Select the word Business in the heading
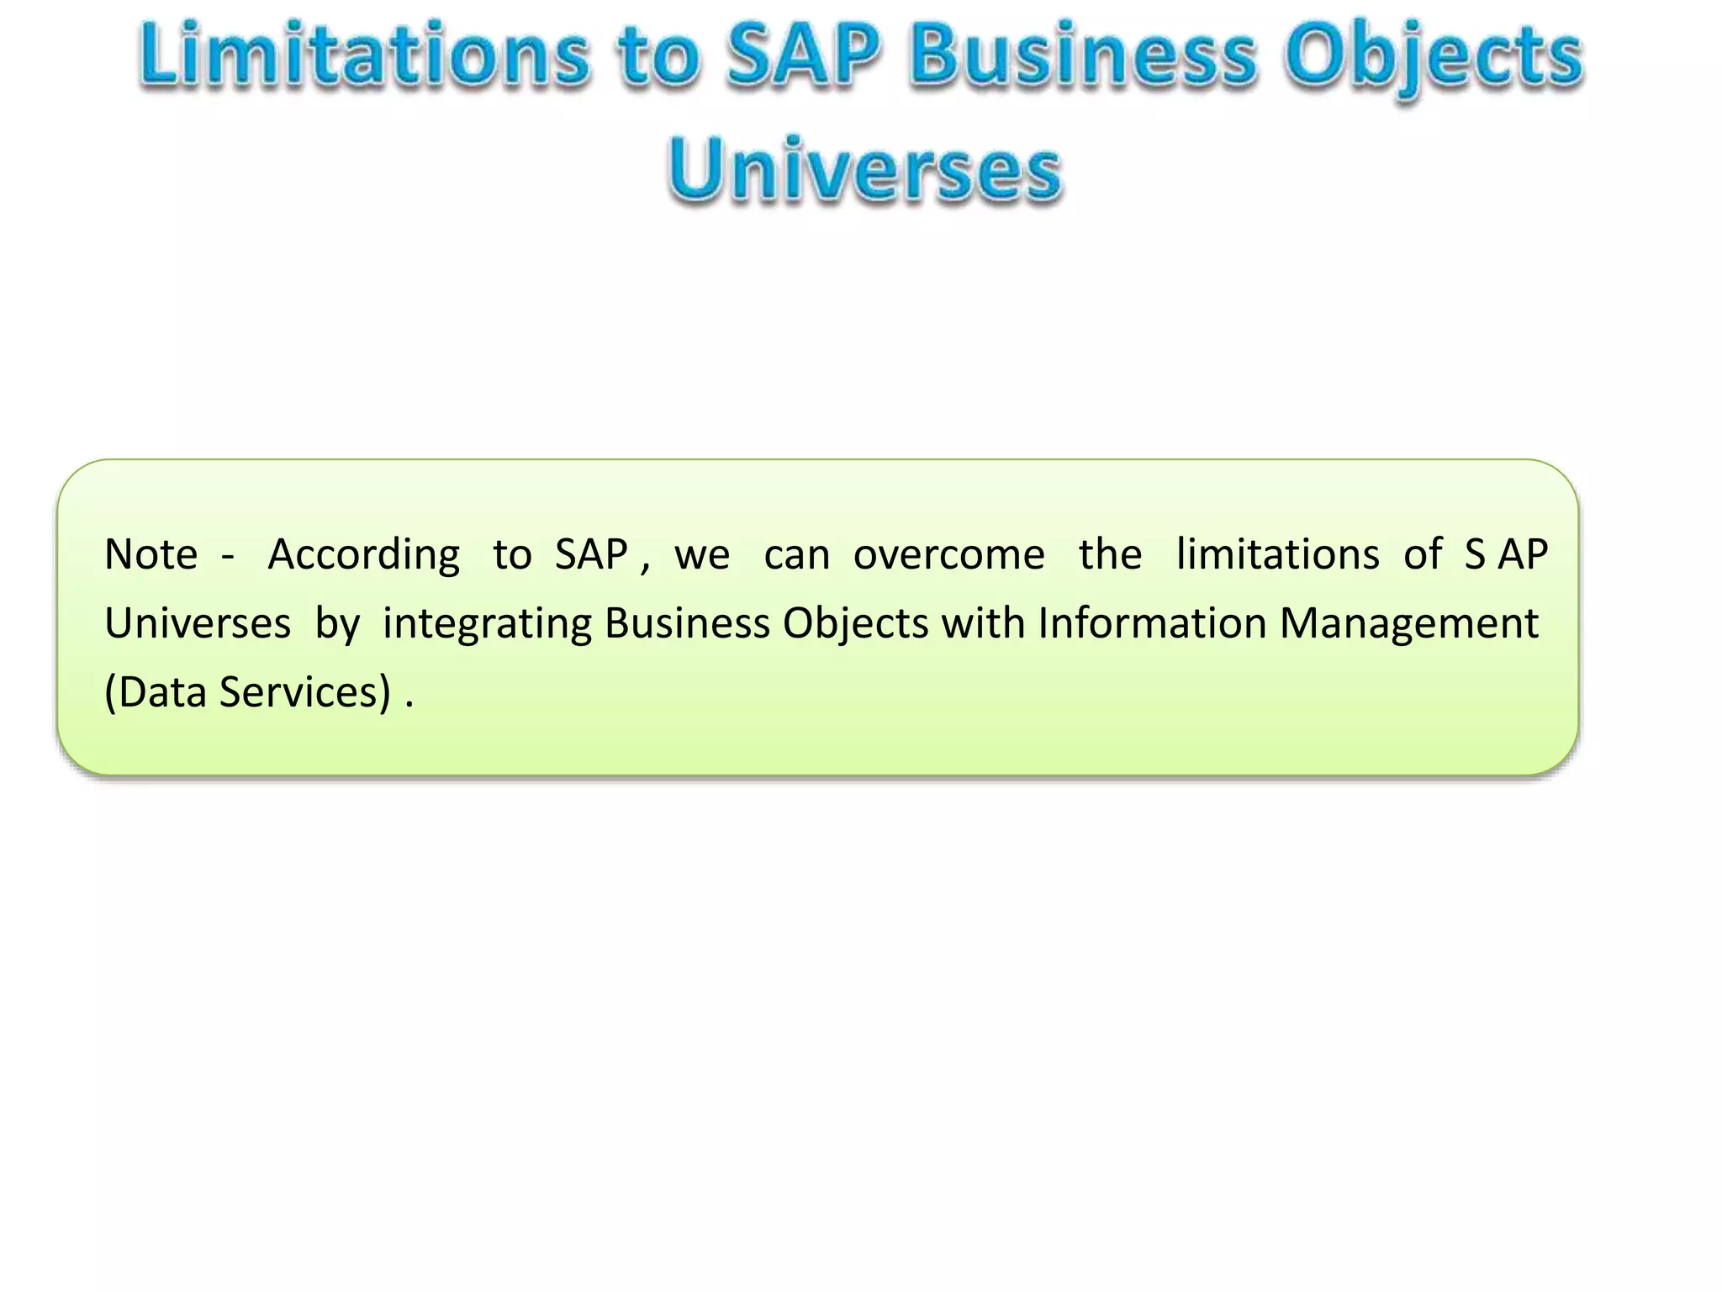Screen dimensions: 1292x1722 (x=1084, y=56)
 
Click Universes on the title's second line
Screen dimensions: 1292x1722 (x=865, y=169)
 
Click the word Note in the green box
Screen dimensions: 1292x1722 (x=151, y=555)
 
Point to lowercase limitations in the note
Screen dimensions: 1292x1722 (x=1277, y=555)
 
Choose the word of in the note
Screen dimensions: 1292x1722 (x=1423, y=555)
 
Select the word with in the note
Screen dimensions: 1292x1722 (x=983, y=624)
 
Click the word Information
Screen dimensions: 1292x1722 (x=1152, y=624)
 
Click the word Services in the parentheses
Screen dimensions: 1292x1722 (x=305, y=693)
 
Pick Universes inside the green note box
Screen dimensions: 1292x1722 (x=198, y=624)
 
